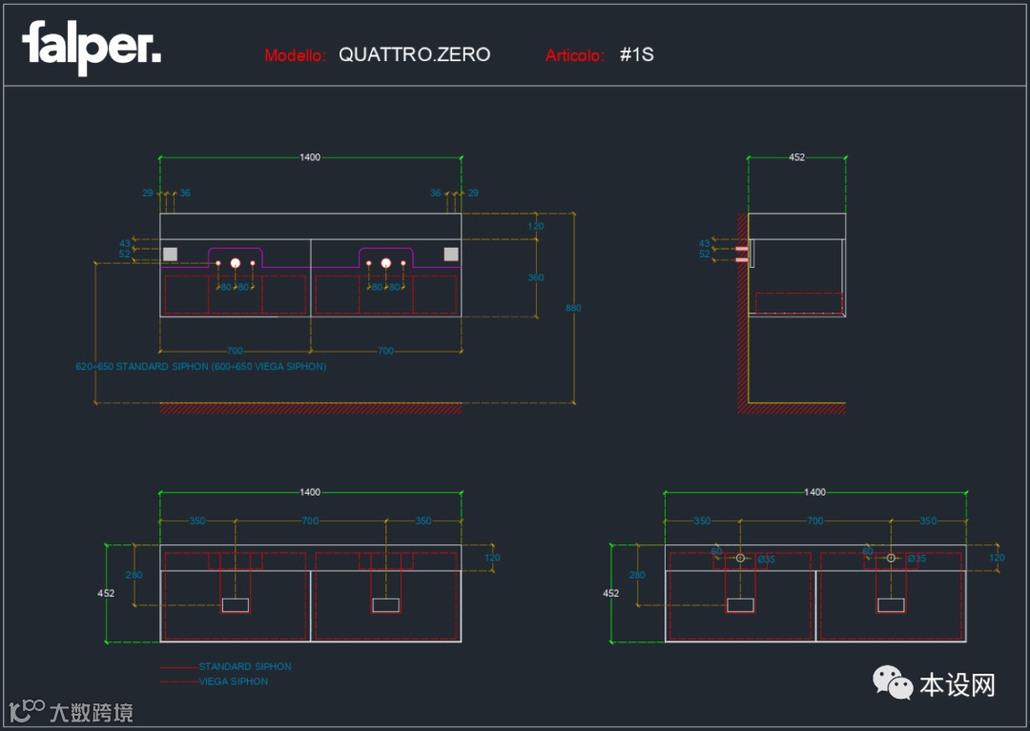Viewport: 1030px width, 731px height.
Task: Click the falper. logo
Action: point(92,48)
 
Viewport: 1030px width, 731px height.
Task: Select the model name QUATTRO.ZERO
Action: point(414,54)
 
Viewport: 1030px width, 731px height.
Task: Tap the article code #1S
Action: point(636,54)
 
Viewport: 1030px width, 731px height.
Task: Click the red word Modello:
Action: point(296,55)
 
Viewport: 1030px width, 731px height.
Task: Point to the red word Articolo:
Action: point(575,55)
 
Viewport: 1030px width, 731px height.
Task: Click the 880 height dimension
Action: point(573,308)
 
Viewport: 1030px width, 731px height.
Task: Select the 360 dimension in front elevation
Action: point(536,277)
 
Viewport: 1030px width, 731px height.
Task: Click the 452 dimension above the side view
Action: point(796,157)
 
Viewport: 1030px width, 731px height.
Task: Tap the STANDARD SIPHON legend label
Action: point(245,666)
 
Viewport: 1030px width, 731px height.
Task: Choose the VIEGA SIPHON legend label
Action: point(234,681)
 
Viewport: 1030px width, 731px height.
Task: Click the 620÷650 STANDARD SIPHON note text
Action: point(200,366)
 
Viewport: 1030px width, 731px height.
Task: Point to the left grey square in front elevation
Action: point(171,254)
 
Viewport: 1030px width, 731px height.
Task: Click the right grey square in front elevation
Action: point(451,254)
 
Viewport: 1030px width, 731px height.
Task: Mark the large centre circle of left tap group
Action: point(236,262)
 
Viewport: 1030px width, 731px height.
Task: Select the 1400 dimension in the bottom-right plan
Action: point(815,492)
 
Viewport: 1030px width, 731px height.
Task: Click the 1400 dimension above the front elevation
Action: point(310,157)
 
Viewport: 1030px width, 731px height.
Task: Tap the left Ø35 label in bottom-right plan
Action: point(766,559)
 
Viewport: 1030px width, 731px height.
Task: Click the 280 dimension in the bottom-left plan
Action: point(134,575)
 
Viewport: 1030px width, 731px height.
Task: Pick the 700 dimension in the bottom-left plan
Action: point(310,521)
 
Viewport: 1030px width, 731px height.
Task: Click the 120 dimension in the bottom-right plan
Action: point(998,558)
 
